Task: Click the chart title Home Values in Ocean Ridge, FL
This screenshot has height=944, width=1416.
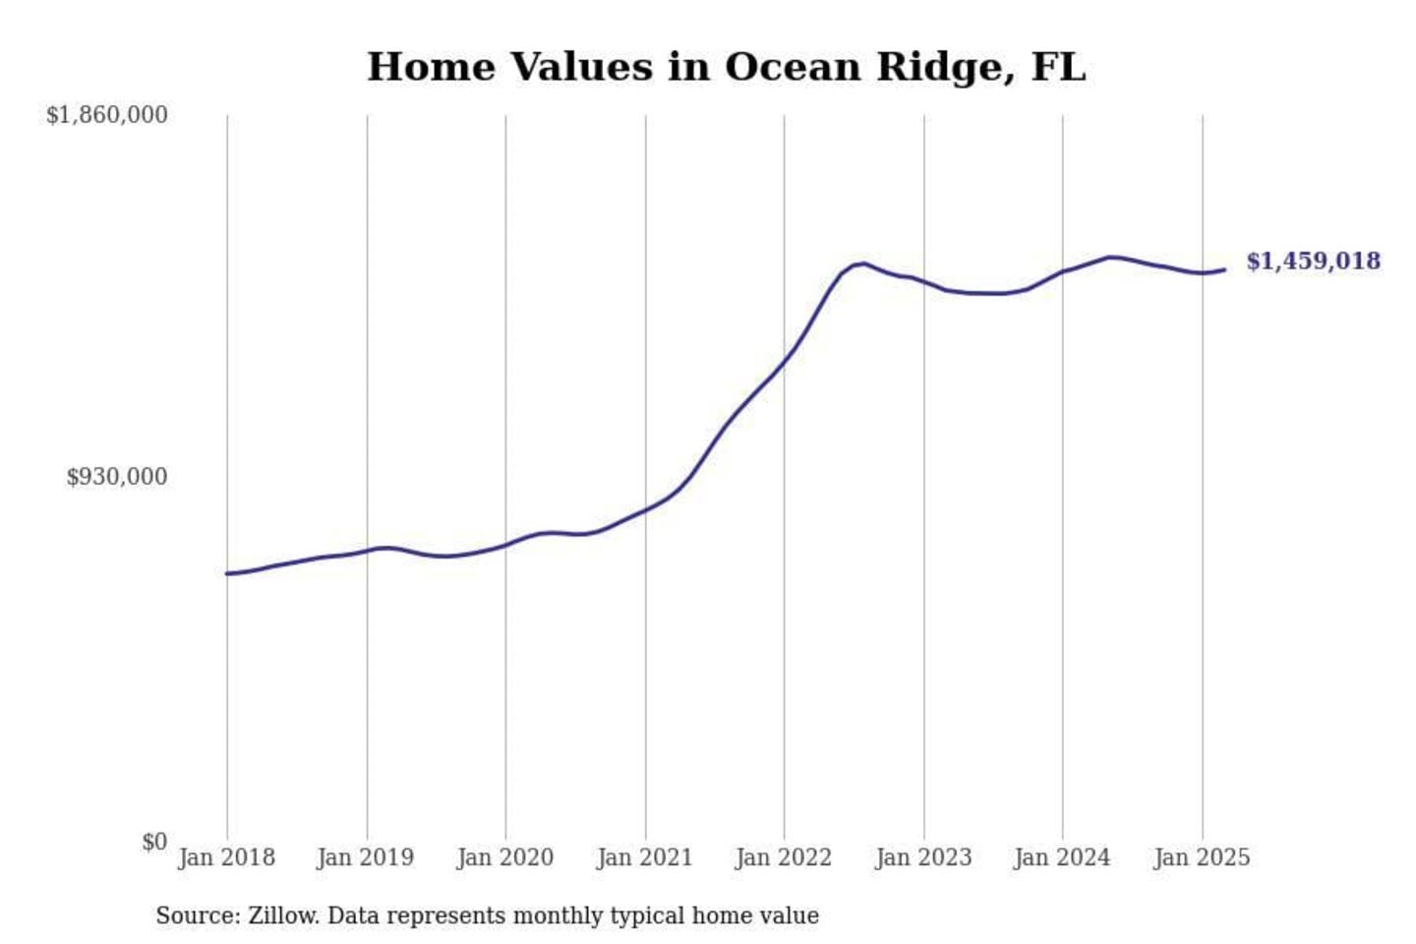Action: coord(726,67)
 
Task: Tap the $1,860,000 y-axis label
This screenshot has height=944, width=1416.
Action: coord(106,115)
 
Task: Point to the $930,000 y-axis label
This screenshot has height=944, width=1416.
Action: coord(116,477)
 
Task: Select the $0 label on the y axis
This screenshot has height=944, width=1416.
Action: coord(154,842)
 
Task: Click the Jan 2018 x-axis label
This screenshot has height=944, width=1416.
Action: coord(226,857)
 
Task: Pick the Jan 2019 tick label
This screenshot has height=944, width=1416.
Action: coord(366,857)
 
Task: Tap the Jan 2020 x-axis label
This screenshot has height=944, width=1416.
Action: coord(505,857)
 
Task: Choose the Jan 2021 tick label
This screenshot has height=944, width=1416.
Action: coord(645,857)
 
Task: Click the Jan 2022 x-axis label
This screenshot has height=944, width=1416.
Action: coord(784,857)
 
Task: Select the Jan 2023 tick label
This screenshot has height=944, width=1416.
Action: coord(923,857)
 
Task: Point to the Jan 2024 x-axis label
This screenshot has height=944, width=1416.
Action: coord(1062,857)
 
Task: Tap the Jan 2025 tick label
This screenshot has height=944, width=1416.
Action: coord(1202,857)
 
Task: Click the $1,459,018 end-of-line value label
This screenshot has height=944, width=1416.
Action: coord(1313,261)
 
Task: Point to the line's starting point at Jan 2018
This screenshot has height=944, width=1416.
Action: coord(227,573)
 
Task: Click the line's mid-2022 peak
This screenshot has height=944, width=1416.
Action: coord(862,264)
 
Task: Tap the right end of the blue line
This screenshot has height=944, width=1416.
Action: coord(1224,269)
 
